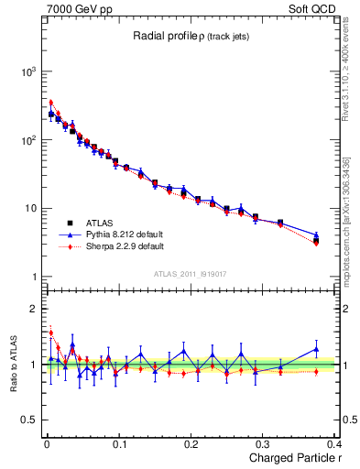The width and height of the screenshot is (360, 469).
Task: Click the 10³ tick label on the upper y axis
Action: pyautogui.click(x=28, y=71)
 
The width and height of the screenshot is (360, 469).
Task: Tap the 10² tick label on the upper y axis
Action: pyautogui.click(x=28, y=140)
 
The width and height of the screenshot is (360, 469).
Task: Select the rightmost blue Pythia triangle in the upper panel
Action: pyautogui.click(x=316, y=235)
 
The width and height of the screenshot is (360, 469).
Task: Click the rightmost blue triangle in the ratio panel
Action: pyautogui.click(x=316, y=349)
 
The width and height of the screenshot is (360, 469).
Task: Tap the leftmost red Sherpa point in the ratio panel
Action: pyautogui.click(x=50, y=333)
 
